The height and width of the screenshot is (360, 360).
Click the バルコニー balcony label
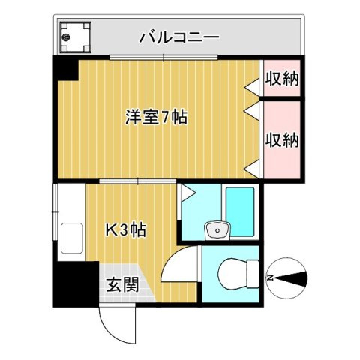click(x=178, y=36)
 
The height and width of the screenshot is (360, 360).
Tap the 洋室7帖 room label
click(x=156, y=117)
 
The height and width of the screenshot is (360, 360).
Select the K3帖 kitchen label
click(x=124, y=230)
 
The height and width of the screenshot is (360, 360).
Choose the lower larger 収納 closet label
click(x=282, y=139)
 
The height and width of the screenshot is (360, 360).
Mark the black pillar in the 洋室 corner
click(x=65, y=70)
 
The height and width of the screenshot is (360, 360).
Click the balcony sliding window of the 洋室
click(x=163, y=58)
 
